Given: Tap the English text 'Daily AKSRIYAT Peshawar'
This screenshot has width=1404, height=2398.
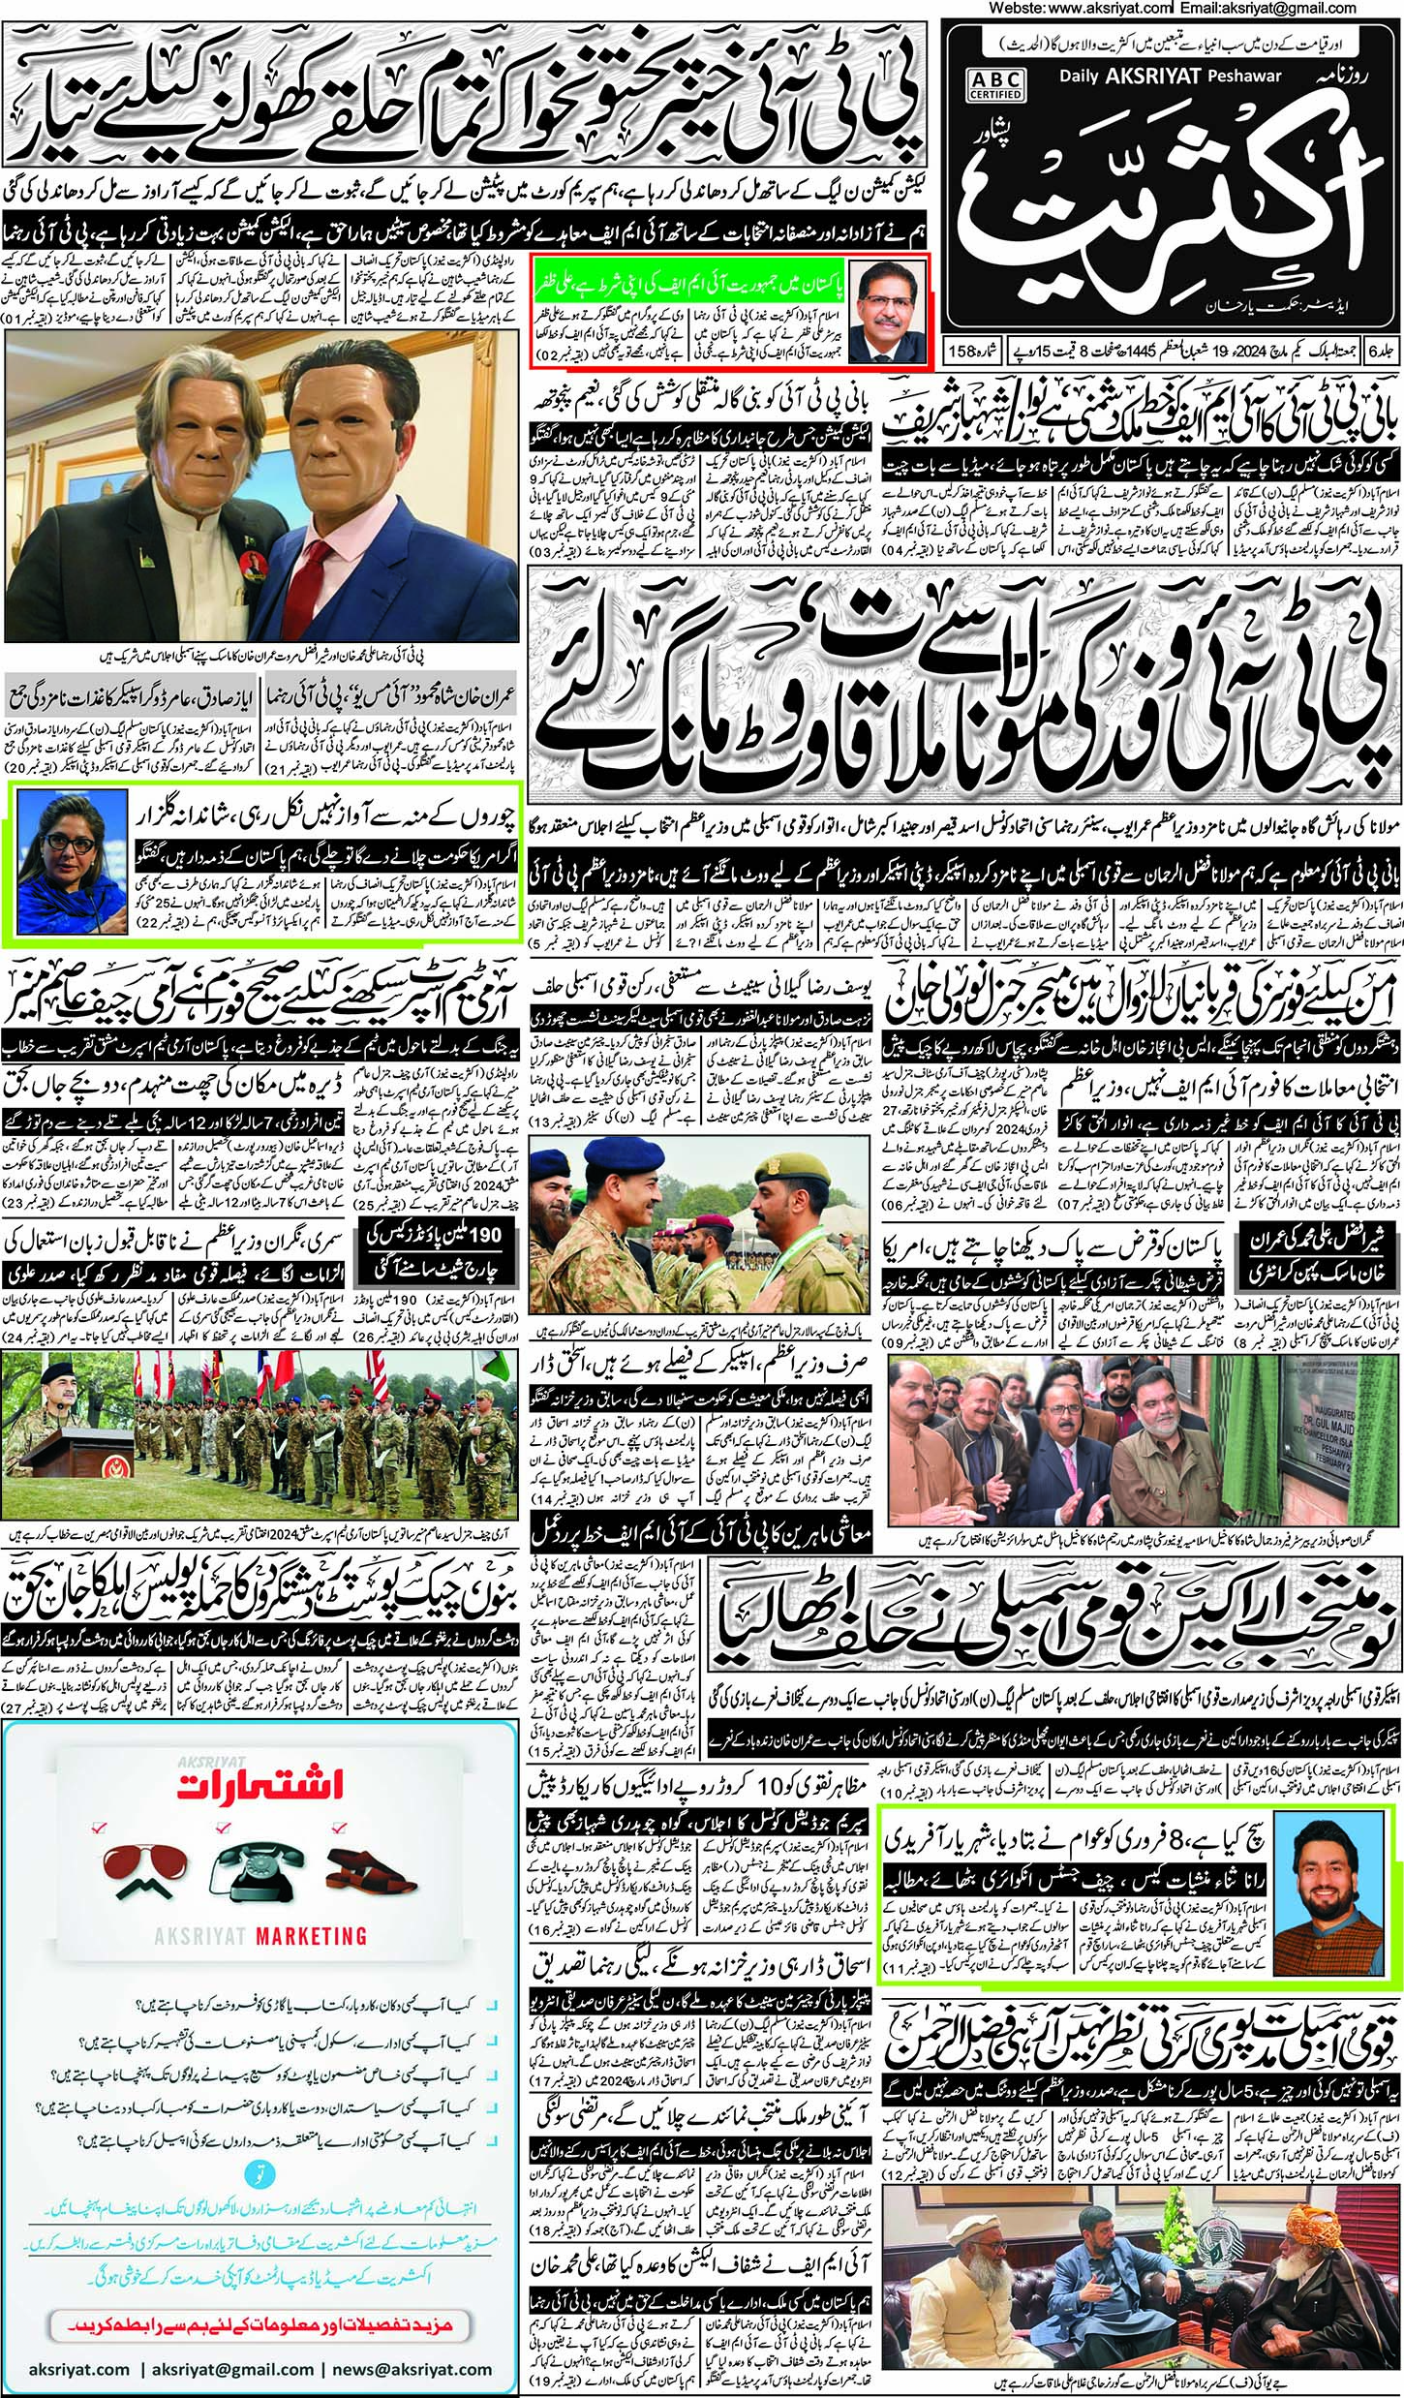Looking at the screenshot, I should (x=1171, y=75).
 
